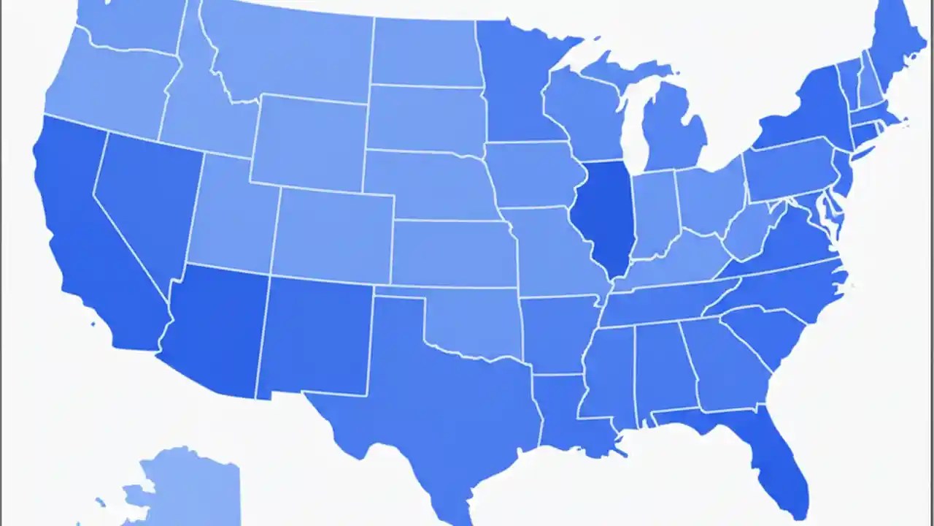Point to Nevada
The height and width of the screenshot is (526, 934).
[x=142, y=197]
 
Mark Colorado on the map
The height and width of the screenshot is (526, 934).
[x=333, y=234]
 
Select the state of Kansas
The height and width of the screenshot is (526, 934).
[x=452, y=252]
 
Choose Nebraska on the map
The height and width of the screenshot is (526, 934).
[x=431, y=183]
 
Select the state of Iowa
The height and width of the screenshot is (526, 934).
[x=533, y=175]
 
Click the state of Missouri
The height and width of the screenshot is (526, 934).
[x=555, y=248]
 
